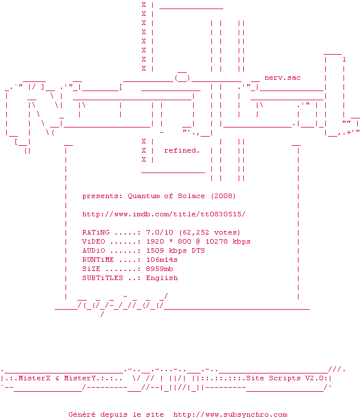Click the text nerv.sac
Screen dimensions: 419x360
coord(283,77)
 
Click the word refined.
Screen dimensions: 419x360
coord(182,150)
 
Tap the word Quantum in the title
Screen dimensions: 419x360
coord(144,196)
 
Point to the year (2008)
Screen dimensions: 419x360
coord(223,196)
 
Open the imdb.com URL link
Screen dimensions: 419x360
coord(164,214)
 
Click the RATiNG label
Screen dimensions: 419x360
coord(96,232)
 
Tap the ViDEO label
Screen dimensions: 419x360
coord(93,241)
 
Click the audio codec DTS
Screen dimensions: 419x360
coord(198,250)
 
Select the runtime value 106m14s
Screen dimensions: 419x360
coord(162,260)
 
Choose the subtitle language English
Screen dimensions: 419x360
coord(162,278)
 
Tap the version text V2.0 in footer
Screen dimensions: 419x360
coord(314,378)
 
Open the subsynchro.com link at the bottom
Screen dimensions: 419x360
coord(230,414)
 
